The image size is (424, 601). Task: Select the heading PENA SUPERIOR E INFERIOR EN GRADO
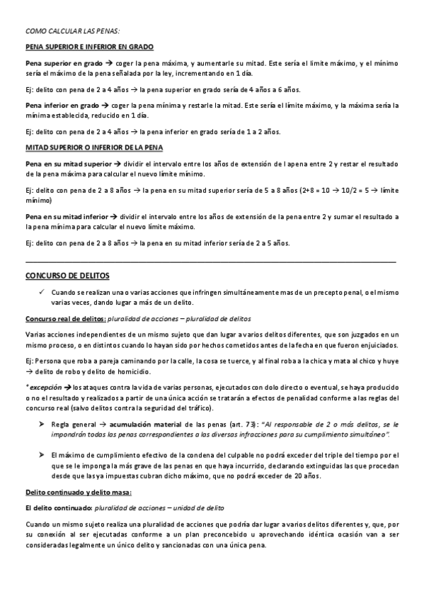tap(89, 47)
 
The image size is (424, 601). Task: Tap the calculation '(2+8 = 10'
tap(318, 190)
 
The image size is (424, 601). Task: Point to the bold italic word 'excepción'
tap(45, 387)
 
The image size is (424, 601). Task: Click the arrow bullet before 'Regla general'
tap(42, 423)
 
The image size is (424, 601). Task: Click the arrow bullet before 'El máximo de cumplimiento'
tap(42, 453)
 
